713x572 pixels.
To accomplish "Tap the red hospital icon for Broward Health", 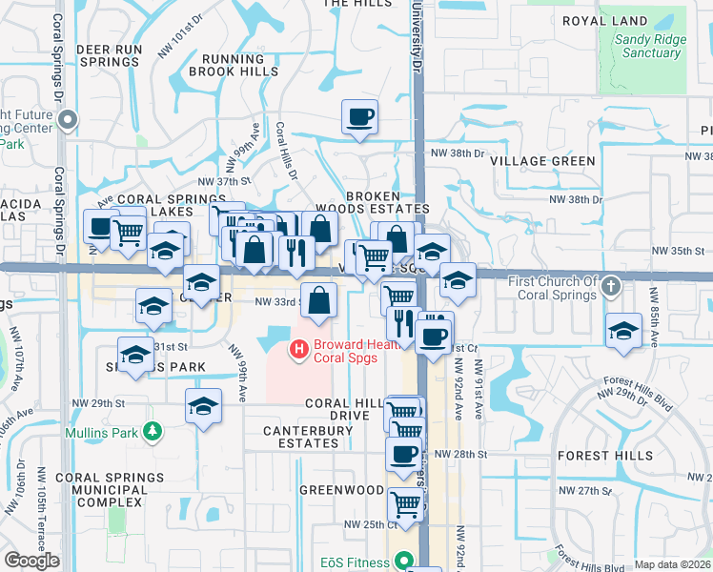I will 299,350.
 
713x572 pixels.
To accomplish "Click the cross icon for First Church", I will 612,285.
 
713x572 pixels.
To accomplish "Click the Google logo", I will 31,561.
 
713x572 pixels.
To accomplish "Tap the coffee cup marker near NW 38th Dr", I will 359,118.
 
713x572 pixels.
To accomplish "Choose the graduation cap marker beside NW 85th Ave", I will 623,330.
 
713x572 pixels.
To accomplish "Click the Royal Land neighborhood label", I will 605,21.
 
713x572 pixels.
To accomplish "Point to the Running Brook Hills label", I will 234,65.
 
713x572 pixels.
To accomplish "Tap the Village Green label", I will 542,162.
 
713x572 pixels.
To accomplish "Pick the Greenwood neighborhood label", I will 341,490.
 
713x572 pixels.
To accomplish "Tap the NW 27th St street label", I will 585,490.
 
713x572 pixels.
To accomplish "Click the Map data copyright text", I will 673,564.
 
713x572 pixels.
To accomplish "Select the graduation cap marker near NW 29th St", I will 203,407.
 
